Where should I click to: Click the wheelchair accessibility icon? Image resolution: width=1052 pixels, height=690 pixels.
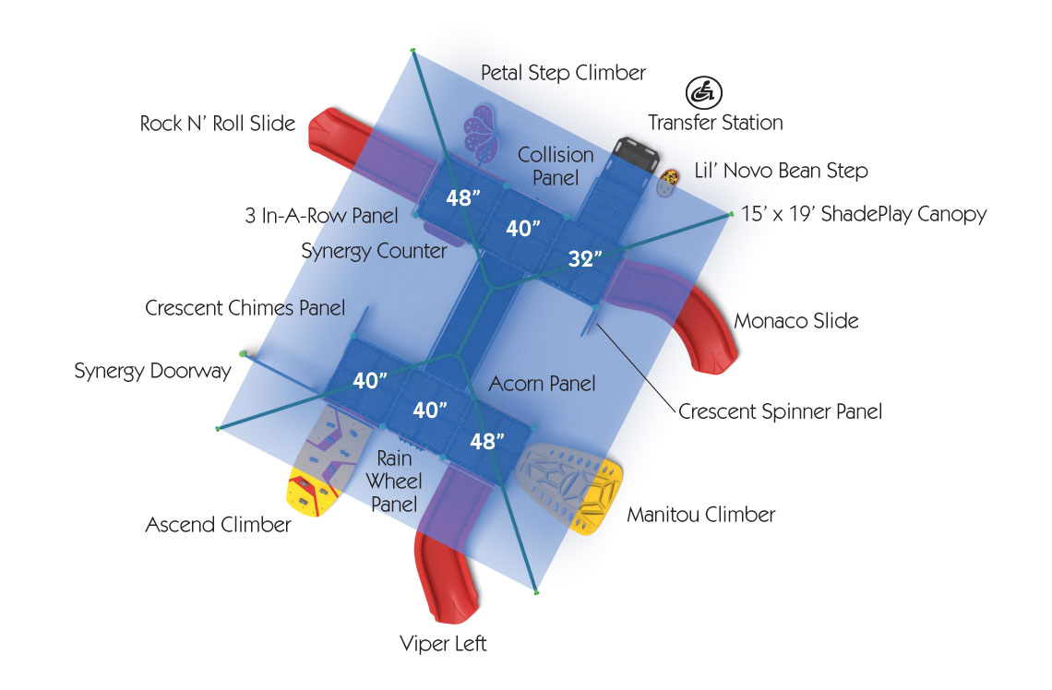click(704, 92)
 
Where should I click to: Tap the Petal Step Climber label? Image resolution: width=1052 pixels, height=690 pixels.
click(563, 72)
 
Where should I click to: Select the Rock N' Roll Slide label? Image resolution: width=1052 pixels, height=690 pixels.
click(218, 123)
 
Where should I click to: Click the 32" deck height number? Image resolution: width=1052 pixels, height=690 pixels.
click(585, 259)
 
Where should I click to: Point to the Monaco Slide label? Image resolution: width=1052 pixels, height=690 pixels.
click(795, 321)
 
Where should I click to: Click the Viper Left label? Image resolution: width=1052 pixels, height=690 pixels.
click(443, 643)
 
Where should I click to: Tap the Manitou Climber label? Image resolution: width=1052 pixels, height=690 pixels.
click(700, 514)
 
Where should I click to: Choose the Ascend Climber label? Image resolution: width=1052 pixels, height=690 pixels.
click(218, 525)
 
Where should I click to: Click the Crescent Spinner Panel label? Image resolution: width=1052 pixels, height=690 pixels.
click(780, 411)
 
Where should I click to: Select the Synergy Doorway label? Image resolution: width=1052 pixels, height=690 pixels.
click(153, 372)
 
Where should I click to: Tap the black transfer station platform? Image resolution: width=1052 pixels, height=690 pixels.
click(635, 150)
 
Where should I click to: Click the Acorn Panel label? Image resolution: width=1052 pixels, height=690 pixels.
click(542, 383)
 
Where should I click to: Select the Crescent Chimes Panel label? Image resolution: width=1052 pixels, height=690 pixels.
click(245, 308)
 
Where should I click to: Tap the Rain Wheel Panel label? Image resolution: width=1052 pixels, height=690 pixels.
click(396, 481)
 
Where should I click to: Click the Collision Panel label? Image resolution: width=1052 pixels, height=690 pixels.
click(555, 165)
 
